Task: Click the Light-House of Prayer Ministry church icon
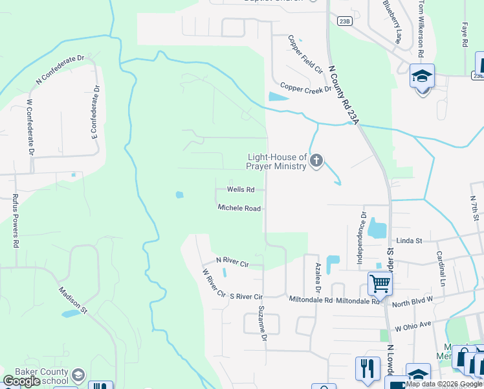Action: click(x=316, y=161)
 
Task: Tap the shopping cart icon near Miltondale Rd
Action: click(x=380, y=283)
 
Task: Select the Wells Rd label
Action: click(x=241, y=190)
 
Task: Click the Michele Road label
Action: click(x=239, y=208)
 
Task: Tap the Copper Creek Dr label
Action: click(x=305, y=88)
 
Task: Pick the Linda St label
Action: click(x=409, y=241)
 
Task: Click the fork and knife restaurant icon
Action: click(x=368, y=368)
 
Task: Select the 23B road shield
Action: click(x=345, y=21)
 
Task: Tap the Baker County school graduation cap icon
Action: click(x=78, y=375)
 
